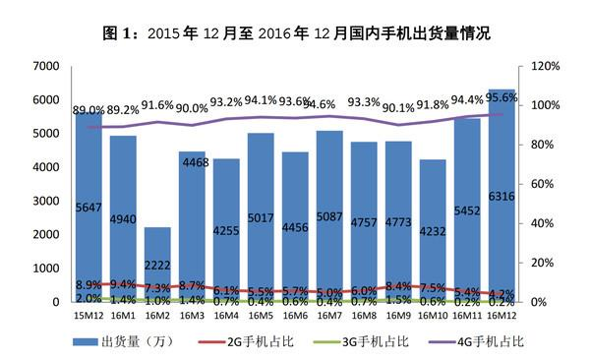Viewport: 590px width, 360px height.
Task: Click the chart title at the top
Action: [x=296, y=32]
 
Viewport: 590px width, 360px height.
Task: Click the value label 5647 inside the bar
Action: [x=88, y=208]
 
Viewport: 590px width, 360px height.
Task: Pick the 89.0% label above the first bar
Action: [x=88, y=110]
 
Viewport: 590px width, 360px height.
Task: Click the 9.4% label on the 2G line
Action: [x=125, y=283]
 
